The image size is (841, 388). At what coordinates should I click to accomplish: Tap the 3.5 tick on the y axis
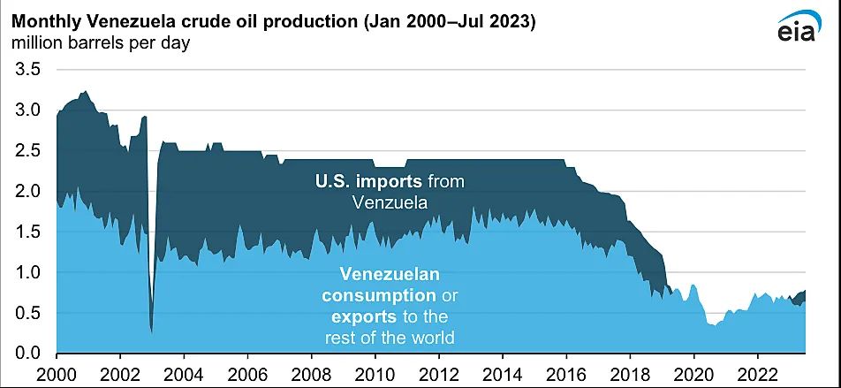pyautogui.click(x=25, y=70)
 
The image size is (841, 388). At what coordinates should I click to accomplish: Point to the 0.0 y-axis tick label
pyautogui.click(x=25, y=354)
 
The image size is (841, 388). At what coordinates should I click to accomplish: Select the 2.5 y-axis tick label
pyautogui.click(x=25, y=151)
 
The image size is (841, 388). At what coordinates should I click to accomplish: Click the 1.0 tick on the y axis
pyautogui.click(x=25, y=273)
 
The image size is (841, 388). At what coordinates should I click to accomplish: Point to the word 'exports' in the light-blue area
pyautogui.click(x=361, y=316)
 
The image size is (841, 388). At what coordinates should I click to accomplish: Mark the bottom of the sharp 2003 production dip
pyautogui.click(x=151, y=331)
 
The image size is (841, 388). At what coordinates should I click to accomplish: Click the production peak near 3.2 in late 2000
pyautogui.click(x=84, y=91)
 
